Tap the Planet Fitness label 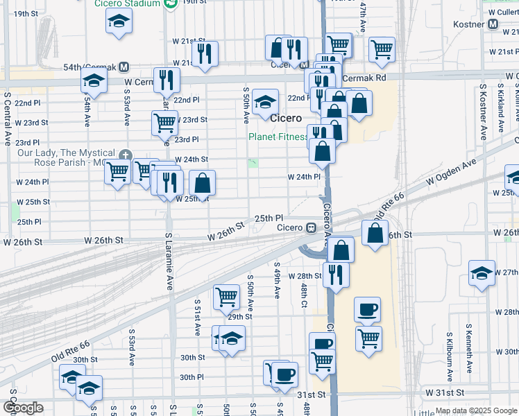tap(278, 137)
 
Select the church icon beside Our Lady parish tap(125, 154)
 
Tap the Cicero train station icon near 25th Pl tap(312, 227)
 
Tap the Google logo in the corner tap(23, 408)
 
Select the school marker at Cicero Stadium tap(119, 21)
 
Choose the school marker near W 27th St tap(482, 272)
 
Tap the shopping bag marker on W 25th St tap(202, 183)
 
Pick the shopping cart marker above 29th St tap(226, 297)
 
